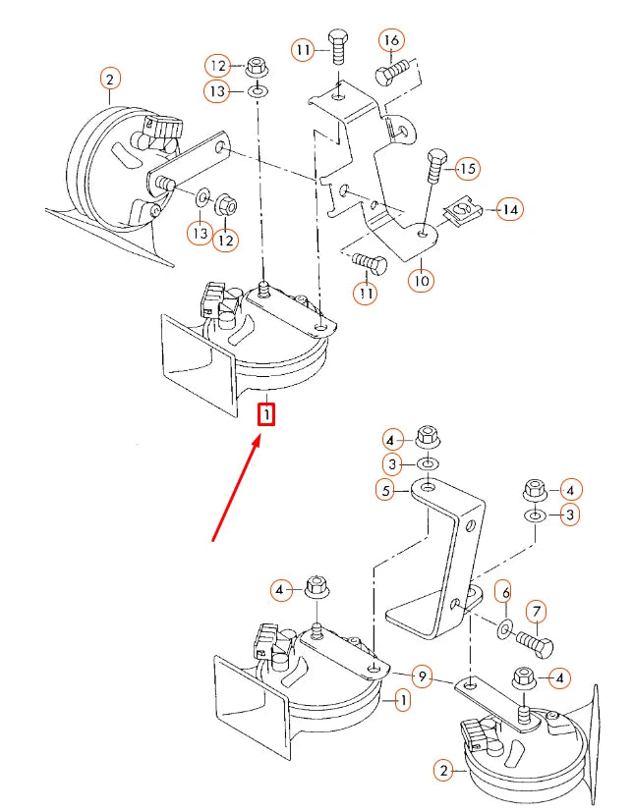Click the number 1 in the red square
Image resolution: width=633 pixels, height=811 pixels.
pyautogui.click(x=266, y=414)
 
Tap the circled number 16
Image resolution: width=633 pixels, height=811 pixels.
pyautogui.click(x=392, y=40)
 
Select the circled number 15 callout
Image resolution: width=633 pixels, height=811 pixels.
pyautogui.click(x=467, y=169)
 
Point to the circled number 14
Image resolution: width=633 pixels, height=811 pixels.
pyautogui.click(x=510, y=209)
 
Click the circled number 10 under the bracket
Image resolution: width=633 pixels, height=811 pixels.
pyautogui.click(x=422, y=280)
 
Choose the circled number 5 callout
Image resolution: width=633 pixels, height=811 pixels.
pyautogui.click(x=386, y=490)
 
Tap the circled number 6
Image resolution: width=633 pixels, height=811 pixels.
pyautogui.click(x=505, y=592)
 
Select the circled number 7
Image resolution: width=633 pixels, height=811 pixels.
pyautogui.click(x=537, y=612)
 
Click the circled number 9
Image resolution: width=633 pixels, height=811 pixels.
pyautogui.click(x=423, y=676)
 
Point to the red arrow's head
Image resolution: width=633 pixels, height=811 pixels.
pyautogui.click(x=258, y=440)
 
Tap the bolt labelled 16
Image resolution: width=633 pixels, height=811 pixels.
pyautogui.click(x=393, y=73)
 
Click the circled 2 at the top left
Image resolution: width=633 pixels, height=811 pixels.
pyautogui.click(x=110, y=80)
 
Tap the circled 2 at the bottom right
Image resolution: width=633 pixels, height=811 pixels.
pyautogui.click(x=443, y=771)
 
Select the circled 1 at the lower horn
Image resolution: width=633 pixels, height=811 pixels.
pyautogui.click(x=402, y=701)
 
